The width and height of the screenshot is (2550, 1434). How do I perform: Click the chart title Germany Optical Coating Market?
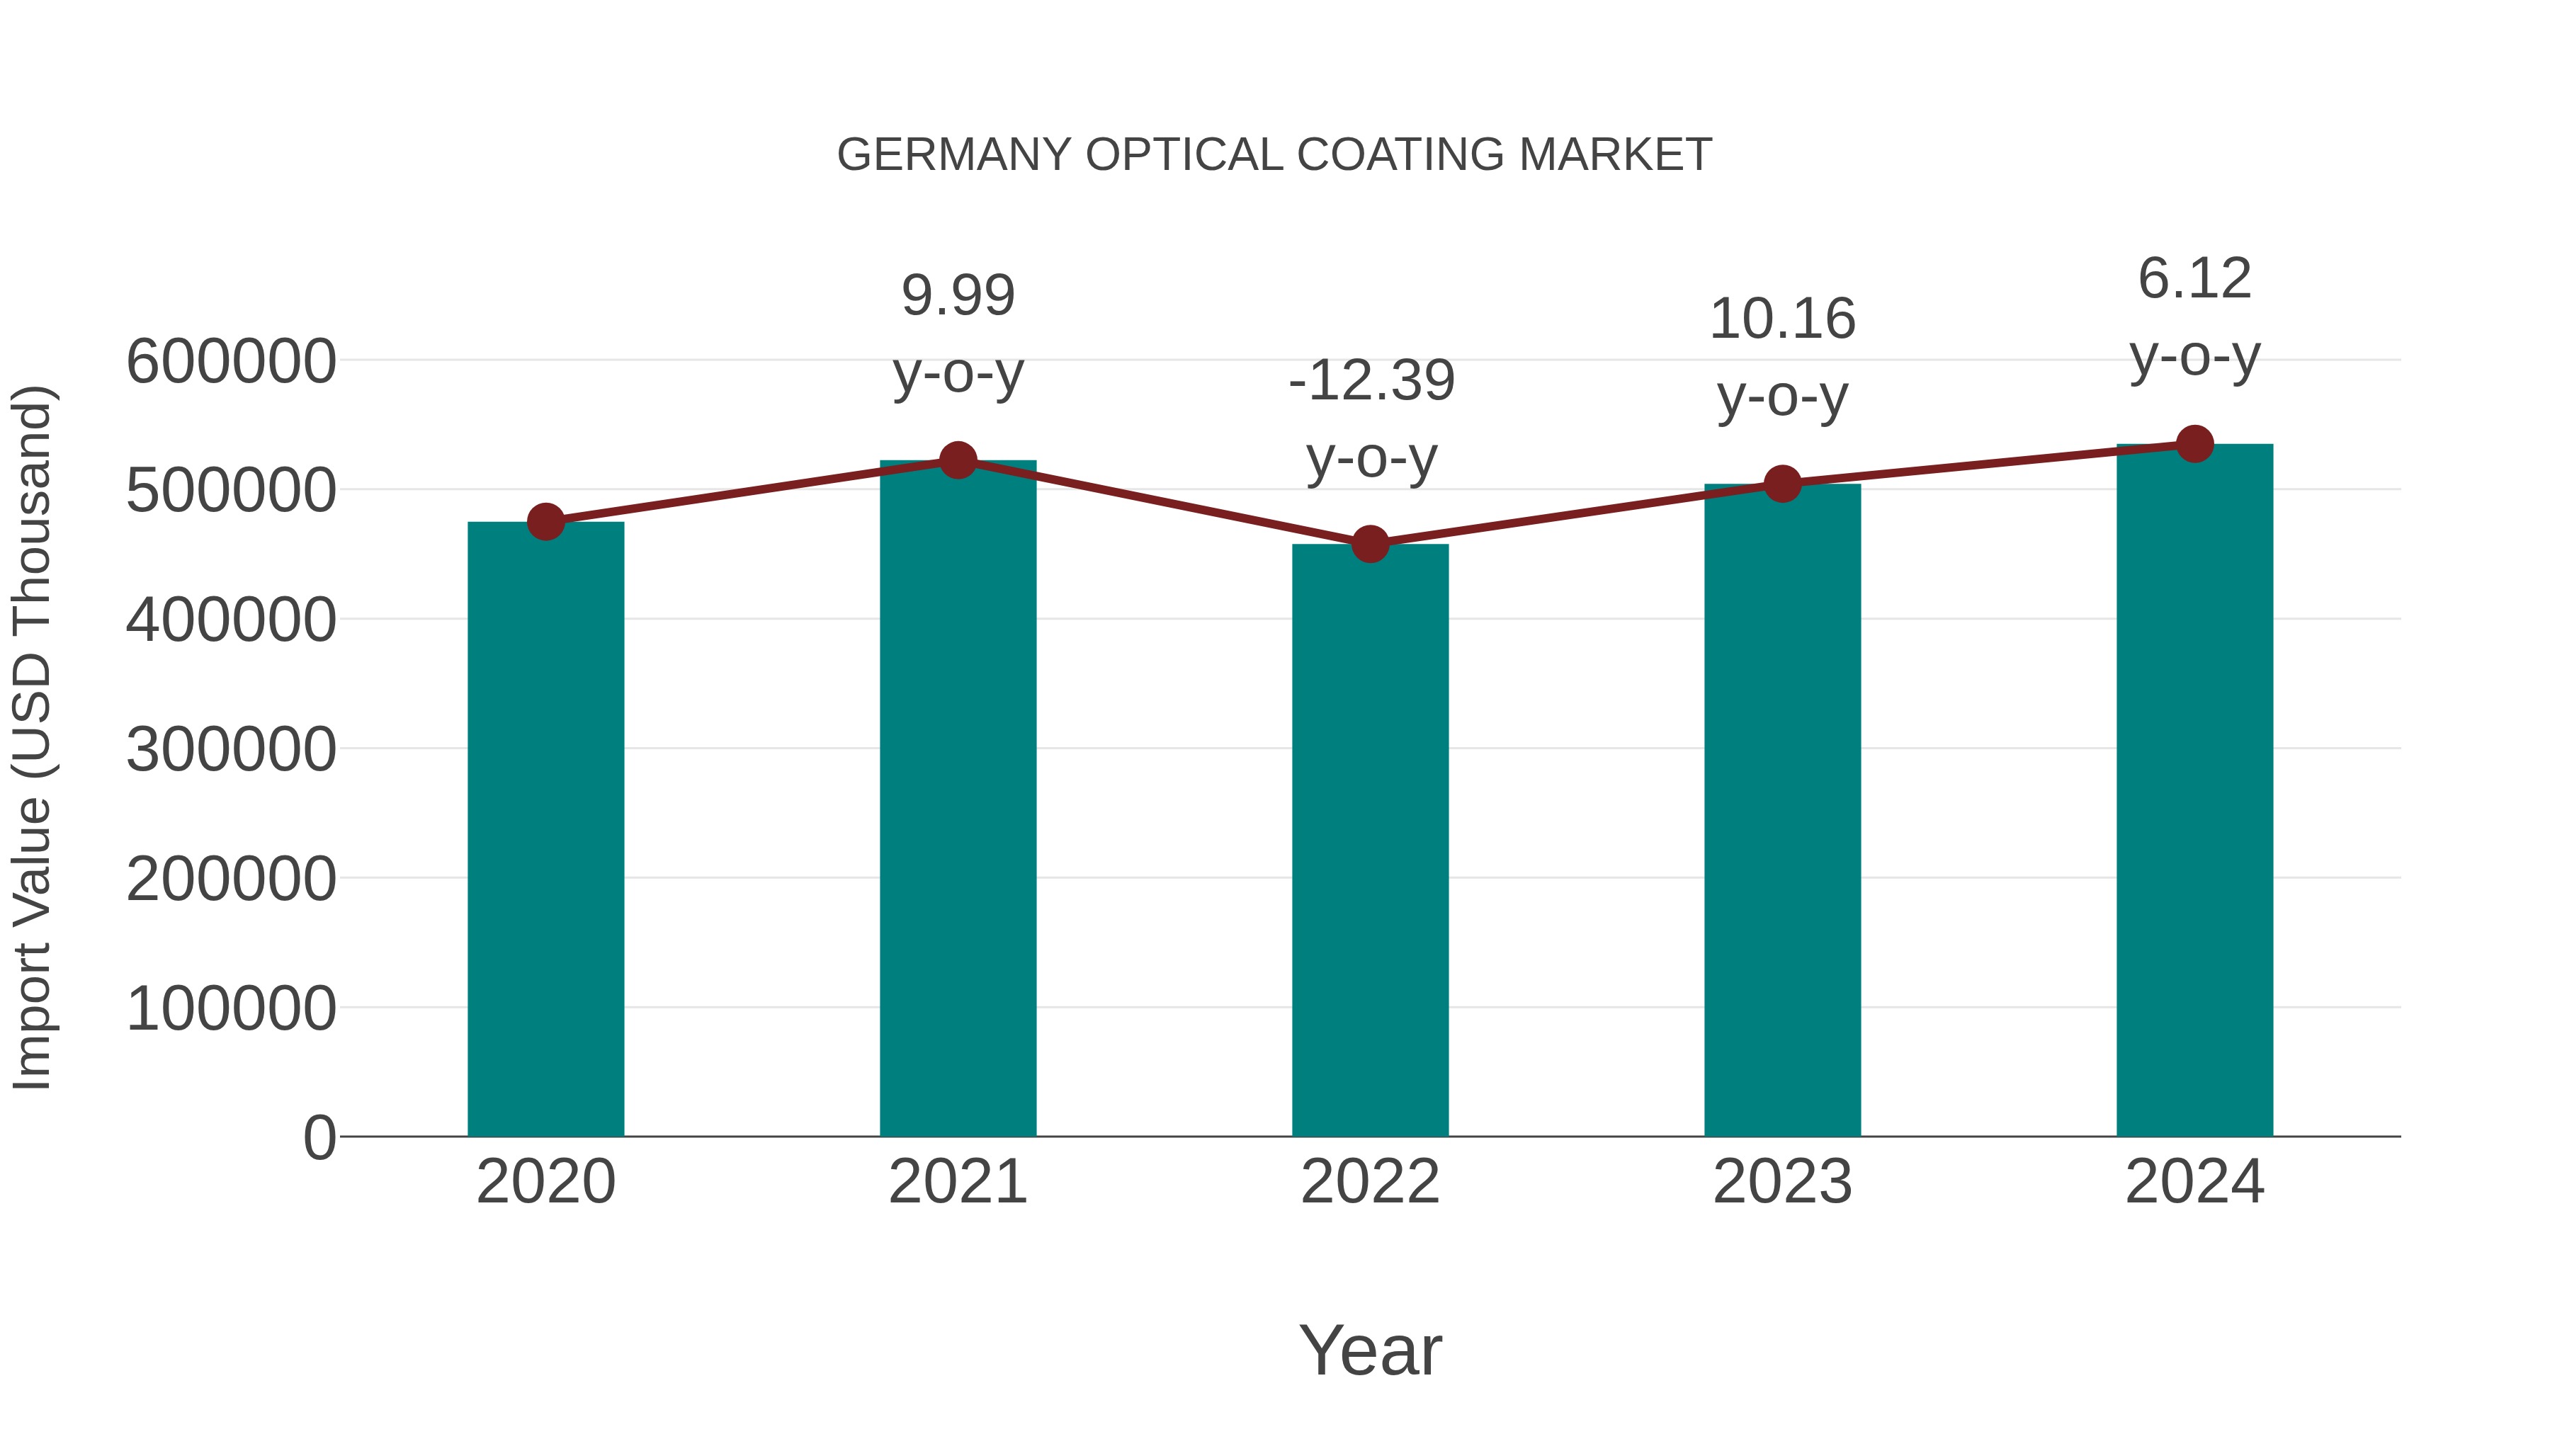1274,155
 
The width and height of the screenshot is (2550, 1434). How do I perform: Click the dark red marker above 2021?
957,460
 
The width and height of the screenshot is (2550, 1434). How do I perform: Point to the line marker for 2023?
1782,484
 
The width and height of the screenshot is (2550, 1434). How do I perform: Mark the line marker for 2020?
545,521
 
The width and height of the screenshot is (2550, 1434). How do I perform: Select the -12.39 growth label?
1371,380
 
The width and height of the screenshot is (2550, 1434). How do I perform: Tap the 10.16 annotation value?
1782,319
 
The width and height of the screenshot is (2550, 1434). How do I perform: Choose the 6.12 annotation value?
2194,278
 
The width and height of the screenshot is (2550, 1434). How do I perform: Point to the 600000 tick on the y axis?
231,361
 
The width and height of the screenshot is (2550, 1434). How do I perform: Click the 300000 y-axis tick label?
231,749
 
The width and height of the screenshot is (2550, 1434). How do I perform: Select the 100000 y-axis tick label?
231,1008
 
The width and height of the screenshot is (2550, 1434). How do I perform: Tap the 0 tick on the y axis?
319,1137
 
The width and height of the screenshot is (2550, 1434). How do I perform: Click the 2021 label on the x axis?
957,1182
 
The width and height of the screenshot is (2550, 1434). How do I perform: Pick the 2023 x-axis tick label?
1782,1182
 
